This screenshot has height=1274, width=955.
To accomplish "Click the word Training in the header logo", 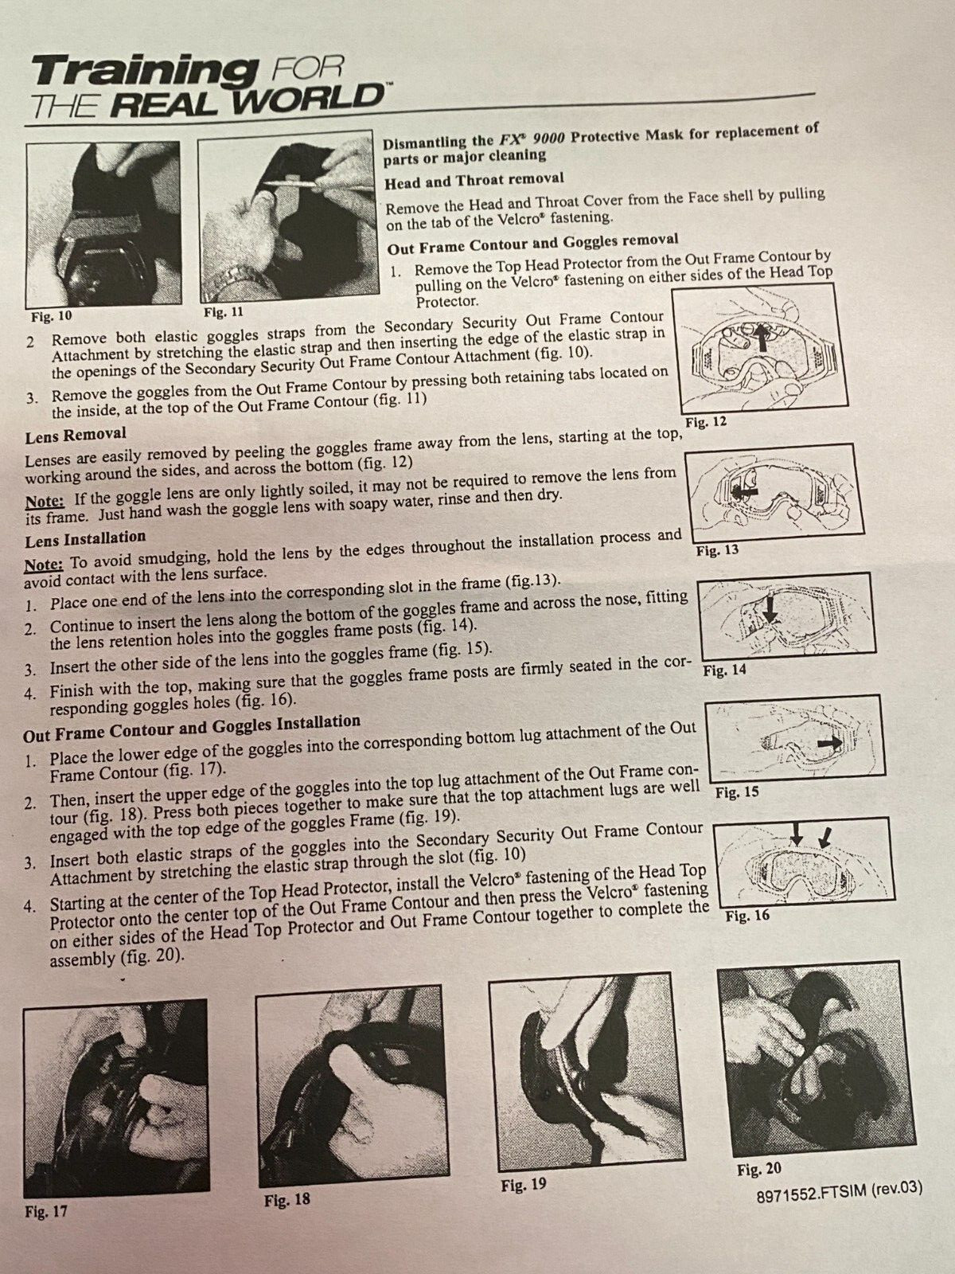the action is pyautogui.click(x=144, y=72).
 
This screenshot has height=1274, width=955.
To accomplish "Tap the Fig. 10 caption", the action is pyautogui.click(x=52, y=317).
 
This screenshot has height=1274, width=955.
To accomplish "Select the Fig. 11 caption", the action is pyautogui.click(x=224, y=312).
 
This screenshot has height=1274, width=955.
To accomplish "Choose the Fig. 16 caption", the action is pyautogui.click(x=747, y=916).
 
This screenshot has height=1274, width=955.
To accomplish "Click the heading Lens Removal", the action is pyautogui.click(x=76, y=435).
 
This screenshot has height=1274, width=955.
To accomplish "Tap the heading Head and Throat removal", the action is pyautogui.click(x=474, y=180).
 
